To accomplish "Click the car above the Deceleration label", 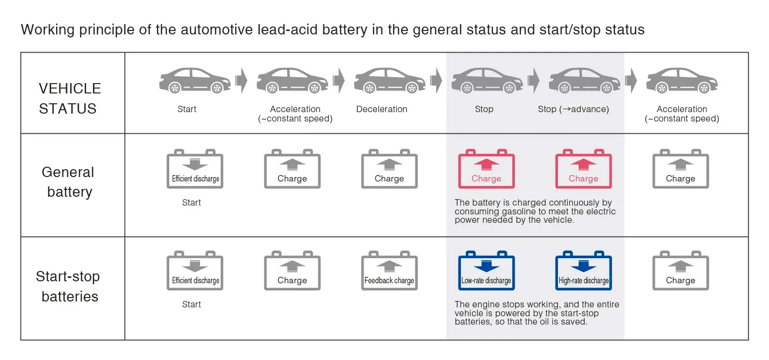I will (x=389, y=81).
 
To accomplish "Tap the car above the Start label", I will (x=194, y=81).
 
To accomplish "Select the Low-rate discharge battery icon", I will (x=486, y=272).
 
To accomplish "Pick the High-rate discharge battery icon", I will (x=584, y=272).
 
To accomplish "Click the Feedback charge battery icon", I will (x=389, y=272).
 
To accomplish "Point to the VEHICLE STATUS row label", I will (x=69, y=98).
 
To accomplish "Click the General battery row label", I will (x=68, y=182).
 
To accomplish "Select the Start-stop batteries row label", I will (x=68, y=286).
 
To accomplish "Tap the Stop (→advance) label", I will (x=573, y=109).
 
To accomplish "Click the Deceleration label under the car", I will (x=382, y=109).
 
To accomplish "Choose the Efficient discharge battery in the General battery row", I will (x=195, y=170).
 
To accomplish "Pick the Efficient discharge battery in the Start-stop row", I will (x=195, y=272).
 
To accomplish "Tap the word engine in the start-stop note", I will (x=483, y=304).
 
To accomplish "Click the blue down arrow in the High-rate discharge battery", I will (x=584, y=266).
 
